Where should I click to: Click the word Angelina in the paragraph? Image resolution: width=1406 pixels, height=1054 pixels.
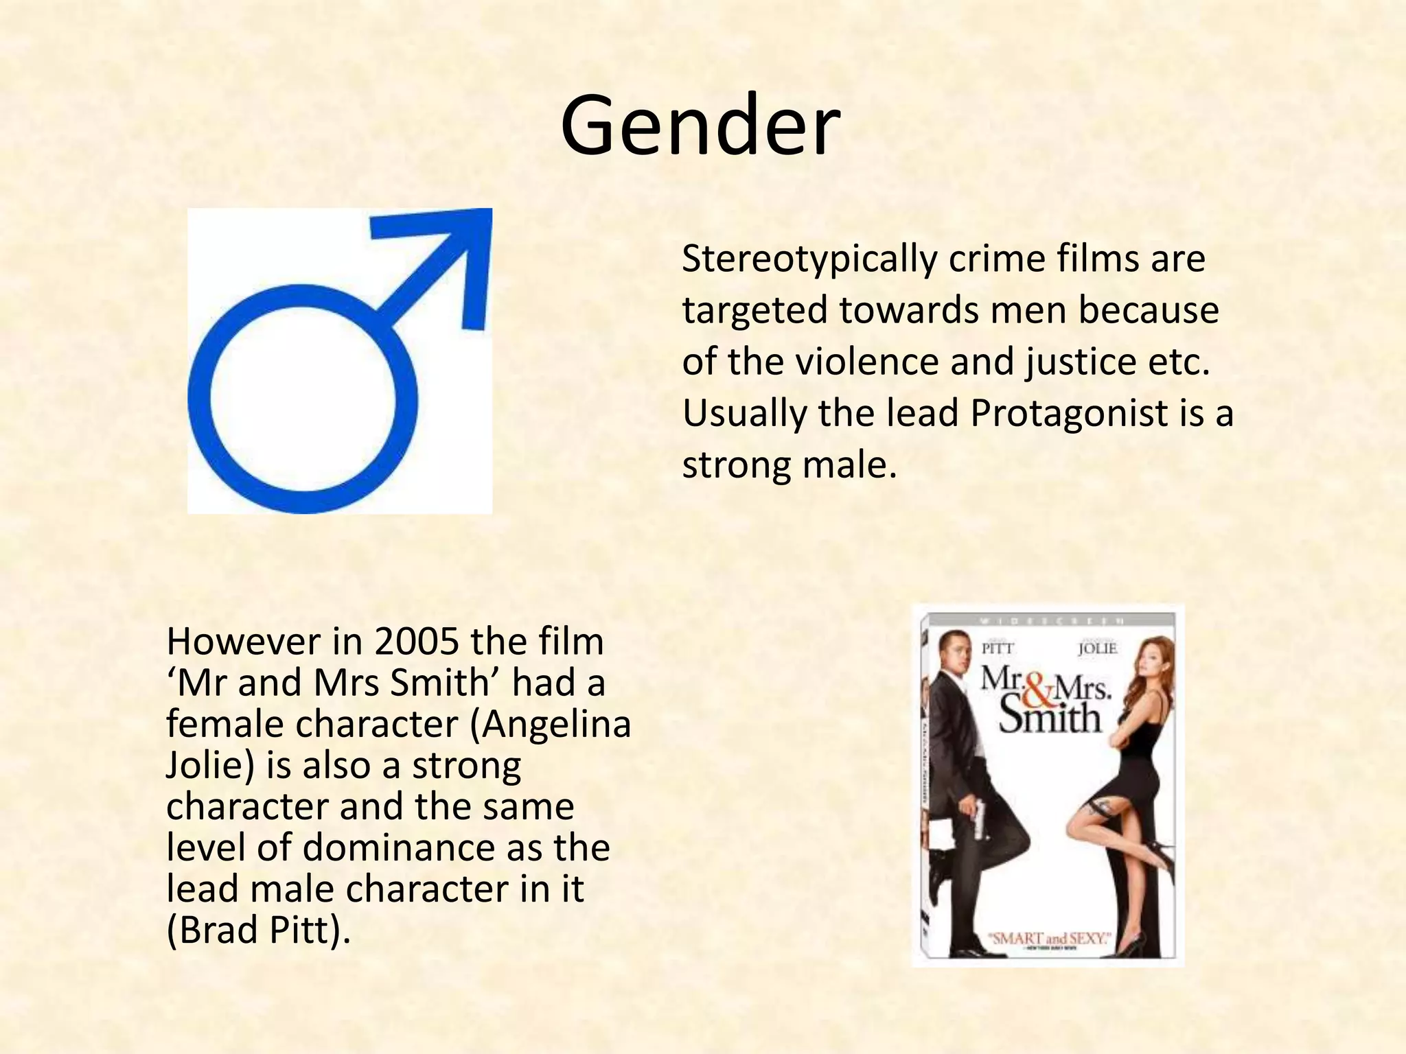pos(555,724)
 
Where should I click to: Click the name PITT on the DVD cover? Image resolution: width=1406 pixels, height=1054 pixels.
pos(998,648)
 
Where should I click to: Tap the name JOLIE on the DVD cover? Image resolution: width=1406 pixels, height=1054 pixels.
pos(1097,648)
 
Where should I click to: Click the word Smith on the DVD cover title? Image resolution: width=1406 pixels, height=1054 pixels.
pos(1049,718)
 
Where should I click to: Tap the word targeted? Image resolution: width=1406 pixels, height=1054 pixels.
pos(755,310)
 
